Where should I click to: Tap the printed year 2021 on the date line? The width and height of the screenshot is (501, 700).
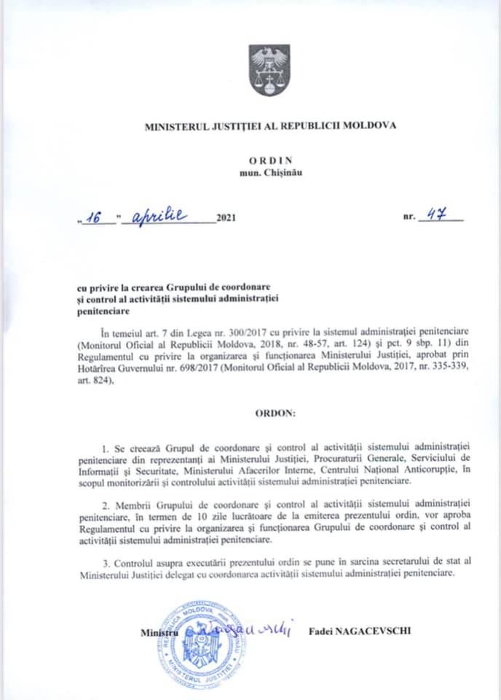pos(226,218)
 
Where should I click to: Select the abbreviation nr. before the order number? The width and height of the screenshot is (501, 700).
pos(407,218)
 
